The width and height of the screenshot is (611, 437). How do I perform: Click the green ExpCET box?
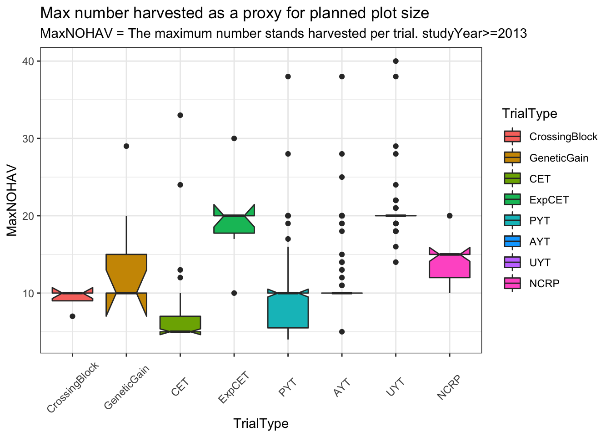tap(234, 224)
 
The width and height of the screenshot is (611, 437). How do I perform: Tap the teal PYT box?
tap(288, 310)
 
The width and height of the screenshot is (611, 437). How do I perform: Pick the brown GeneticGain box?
tap(126, 273)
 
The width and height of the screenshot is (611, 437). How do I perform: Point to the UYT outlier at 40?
tap(396, 61)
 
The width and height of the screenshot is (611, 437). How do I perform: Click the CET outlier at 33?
tap(180, 115)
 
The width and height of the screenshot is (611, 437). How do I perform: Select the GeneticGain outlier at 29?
tap(126, 146)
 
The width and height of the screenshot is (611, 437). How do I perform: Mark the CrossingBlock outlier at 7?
tap(73, 316)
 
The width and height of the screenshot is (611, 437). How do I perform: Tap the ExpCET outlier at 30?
tap(234, 138)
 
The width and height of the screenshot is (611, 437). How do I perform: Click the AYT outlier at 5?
tap(342, 331)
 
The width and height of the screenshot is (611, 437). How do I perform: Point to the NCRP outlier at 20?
tap(449, 216)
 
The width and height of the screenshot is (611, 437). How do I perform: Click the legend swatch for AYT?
tap(512, 242)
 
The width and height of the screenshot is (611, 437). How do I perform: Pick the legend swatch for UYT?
tap(512, 263)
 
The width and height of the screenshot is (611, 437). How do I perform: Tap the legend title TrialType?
tap(530, 113)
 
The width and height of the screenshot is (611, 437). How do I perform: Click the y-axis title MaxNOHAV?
tap(12, 200)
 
